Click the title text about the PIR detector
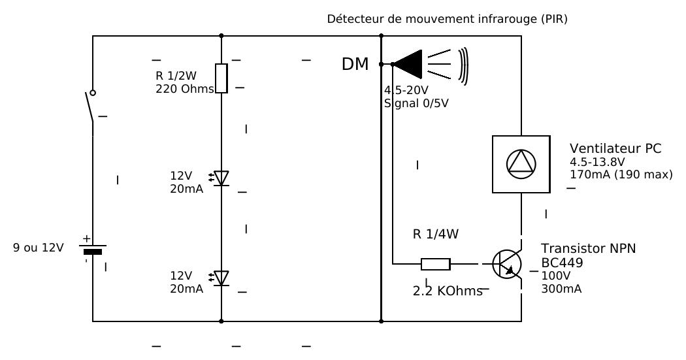pos(447,20)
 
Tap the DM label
pos(355,64)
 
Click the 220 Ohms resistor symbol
pos(221,78)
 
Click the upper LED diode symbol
pos(221,177)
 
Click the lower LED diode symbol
pos(221,277)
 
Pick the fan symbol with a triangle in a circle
pos(521,164)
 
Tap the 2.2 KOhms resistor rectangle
pos(435,264)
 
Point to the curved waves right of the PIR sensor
pos(463,65)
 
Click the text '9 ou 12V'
pos(39,248)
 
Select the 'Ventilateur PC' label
pos(615,149)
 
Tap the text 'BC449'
pos(563,263)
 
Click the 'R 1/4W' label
pos(436,234)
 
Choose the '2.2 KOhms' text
pos(447,290)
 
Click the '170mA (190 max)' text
pos(621,174)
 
